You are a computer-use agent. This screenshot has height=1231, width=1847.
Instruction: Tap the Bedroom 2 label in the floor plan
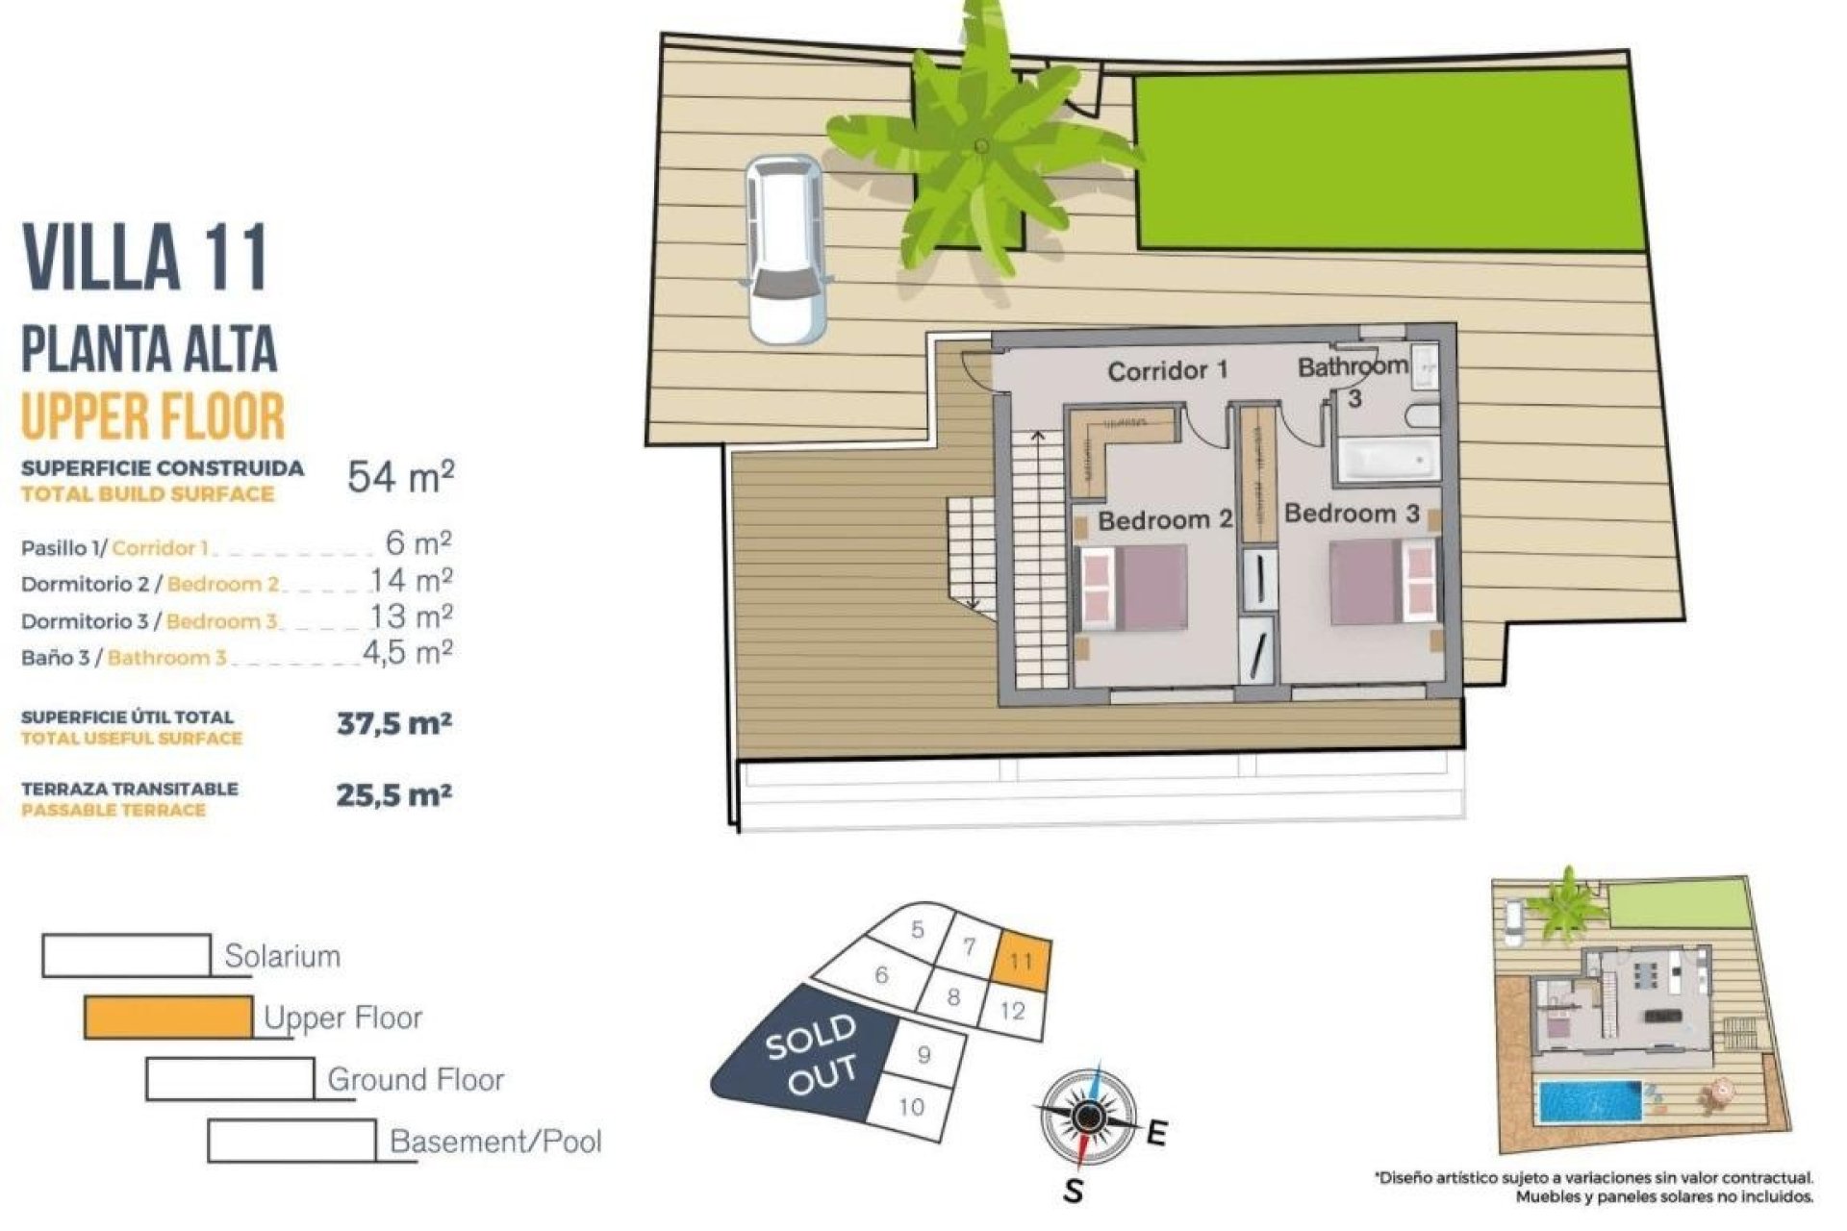click(1165, 520)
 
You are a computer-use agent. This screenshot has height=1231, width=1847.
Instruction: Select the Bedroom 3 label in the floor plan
click(1352, 514)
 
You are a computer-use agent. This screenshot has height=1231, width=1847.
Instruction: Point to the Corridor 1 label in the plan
click(1168, 370)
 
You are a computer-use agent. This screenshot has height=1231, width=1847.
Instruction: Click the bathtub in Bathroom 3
click(1386, 461)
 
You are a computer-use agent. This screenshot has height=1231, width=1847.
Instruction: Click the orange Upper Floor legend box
click(168, 1017)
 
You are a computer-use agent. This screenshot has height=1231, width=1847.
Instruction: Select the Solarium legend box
click(126, 955)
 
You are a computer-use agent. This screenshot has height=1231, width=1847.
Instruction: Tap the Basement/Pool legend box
click(291, 1141)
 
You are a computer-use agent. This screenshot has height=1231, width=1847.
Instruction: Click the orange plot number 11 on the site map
click(1022, 961)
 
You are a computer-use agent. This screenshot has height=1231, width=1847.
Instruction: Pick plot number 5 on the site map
click(918, 930)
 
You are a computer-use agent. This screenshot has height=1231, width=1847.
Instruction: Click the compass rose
click(1087, 1116)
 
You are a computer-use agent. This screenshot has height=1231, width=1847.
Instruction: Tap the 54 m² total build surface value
click(400, 476)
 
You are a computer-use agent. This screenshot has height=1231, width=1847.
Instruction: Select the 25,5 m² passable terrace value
click(393, 795)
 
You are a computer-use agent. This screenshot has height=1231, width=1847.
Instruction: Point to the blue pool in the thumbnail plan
click(1589, 1101)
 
